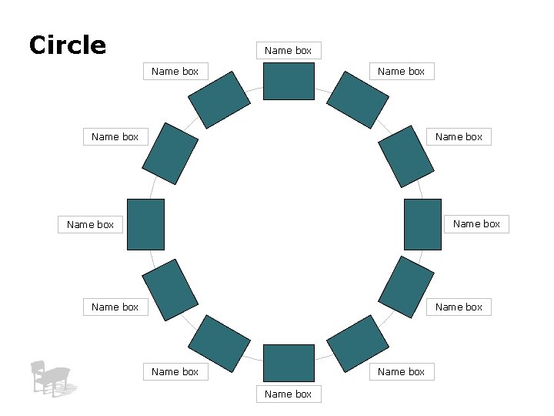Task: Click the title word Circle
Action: pyautogui.click(x=67, y=45)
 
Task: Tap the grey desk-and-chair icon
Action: pyautogui.click(x=52, y=377)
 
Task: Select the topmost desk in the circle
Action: pyautogui.click(x=289, y=81)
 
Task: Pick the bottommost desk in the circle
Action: pyautogui.click(x=289, y=364)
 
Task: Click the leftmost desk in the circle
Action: pyautogui.click(x=145, y=224)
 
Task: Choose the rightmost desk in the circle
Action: pyautogui.click(x=422, y=224)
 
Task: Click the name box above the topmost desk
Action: pyautogui.click(x=289, y=51)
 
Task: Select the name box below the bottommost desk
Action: pyautogui.click(x=289, y=394)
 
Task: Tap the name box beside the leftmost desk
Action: pyautogui.click(x=90, y=225)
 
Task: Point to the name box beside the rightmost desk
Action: pyautogui.click(x=476, y=224)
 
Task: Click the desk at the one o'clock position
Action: pyautogui.click(x=358, y=99)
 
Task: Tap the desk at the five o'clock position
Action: pyautogui.click(x=358, y=339)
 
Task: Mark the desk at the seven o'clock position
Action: pyautogui.click(x=219, y=339)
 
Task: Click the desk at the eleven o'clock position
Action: pyautogui.click(x=219, y=99)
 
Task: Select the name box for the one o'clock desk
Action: pyautogui.click(x=401, y=72)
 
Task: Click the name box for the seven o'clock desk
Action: pyautogui.click(x=175, y=371)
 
